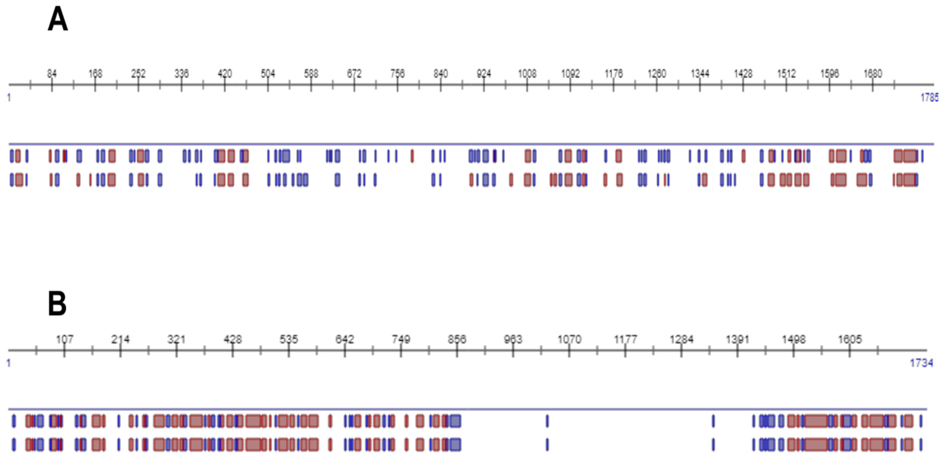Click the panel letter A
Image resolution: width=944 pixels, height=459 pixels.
click(x=58, y=20)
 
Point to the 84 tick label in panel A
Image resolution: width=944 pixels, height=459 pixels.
click(x=52, y=74)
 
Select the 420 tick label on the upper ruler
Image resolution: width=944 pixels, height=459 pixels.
click(x=225, y=74)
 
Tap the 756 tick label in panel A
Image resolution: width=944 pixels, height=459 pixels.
click(x=397, y=74)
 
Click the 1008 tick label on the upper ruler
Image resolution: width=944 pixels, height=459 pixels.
click(x=527, y=74)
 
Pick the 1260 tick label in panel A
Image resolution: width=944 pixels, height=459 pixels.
click(x=657, y=74)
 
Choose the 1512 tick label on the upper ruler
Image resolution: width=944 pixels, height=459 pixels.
click(x=786, y=74)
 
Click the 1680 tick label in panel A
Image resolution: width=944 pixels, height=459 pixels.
click(x=873, y=74)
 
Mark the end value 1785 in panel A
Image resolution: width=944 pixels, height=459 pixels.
click(x=929, y=97)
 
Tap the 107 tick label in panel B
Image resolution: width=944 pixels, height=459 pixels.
click(x=64, y=339)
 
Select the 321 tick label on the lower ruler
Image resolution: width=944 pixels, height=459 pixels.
click(x=176, y=339)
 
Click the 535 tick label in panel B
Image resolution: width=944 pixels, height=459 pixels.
click(x=289, y=339)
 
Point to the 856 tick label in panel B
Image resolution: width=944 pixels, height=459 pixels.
click(x=457, y=339)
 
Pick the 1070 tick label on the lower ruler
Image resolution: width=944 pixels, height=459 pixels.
click(x=569, y=339)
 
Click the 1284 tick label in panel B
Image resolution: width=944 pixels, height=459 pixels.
click(x=682, y=339)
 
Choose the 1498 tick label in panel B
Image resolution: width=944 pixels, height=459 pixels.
click(x=794, y=339)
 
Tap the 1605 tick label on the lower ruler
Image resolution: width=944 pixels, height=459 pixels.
click(x=850, y=339)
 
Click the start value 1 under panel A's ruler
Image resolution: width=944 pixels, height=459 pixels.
click(x=9, y=97)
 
